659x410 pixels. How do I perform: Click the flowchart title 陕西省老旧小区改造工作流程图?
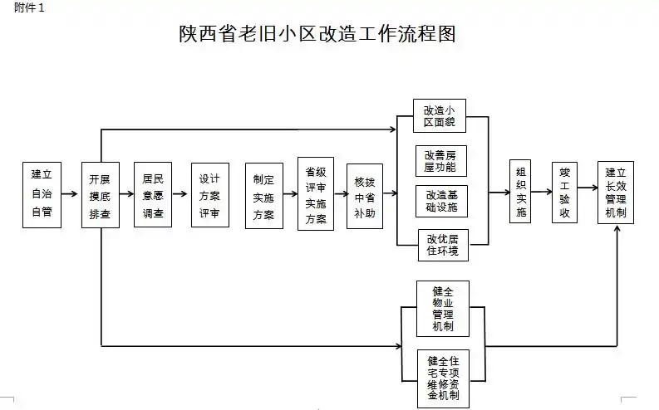[318, 34]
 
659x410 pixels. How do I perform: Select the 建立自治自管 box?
[42, 194]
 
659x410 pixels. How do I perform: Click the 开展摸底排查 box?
[101, 194]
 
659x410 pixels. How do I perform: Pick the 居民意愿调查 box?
[152, 194]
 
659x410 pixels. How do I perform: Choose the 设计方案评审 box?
[209, 194]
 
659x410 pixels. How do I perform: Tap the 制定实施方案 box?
[263, 194]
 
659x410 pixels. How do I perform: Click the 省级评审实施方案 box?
[316, 194]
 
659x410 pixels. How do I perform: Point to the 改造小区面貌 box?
[440, 117]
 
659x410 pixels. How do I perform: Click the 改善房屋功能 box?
[440, 160]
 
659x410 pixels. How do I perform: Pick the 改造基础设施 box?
[440, 201]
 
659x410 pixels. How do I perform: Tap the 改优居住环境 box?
[440, 246]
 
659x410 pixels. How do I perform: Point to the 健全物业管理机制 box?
[442, 308]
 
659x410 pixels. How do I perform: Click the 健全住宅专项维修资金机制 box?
[442, 377]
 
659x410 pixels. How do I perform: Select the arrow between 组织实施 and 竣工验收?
[543, 193]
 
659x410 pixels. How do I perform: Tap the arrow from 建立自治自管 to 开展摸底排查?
[71, 194]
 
